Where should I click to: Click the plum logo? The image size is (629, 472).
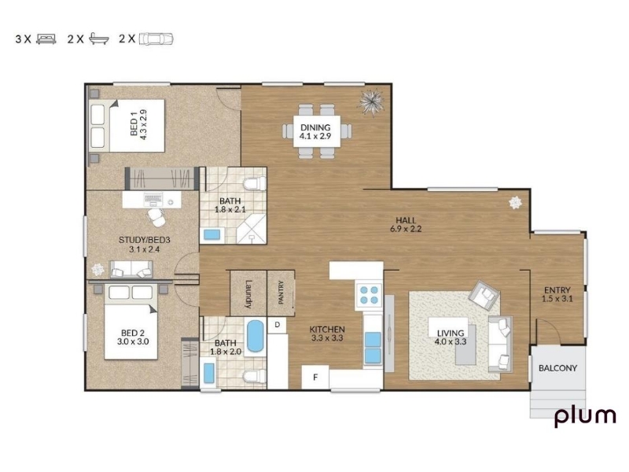pos(585,418)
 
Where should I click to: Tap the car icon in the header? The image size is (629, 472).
pos(156,39)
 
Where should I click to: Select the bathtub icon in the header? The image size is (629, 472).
pos(99,39)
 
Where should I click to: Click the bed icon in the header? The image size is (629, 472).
pos(46,39)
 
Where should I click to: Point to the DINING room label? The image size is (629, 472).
pos(315,127)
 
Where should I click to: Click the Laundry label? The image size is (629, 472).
pos(248,293)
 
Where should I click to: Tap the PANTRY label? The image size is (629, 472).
pos(281,292)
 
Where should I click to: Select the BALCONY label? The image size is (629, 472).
pos(557,368)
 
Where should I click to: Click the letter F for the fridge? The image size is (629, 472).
pos(315,378)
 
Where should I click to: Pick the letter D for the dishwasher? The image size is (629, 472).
pos(278,325)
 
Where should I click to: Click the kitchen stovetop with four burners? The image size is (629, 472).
pos(369,295)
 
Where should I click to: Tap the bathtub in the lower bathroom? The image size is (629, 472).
pos(255,337)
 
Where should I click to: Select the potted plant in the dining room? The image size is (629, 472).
pos(372,101)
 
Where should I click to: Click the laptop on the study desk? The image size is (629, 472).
pos(153,199)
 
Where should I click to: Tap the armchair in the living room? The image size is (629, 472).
pos(484,296)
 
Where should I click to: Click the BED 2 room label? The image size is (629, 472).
pos(132,333)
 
